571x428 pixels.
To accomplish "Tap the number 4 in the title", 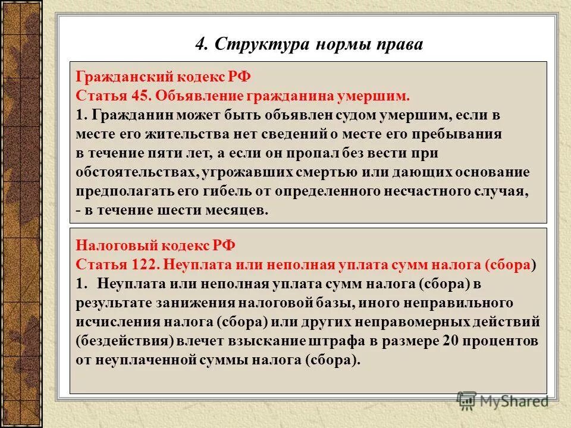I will (200, 44).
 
